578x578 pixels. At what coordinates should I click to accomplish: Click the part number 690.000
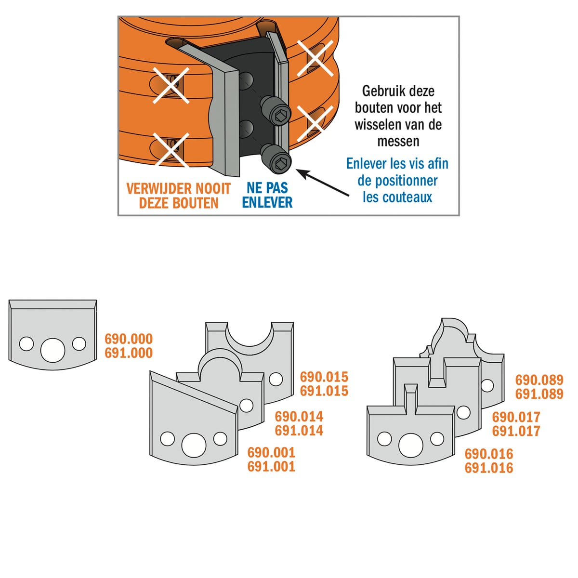click(x=129, y=339)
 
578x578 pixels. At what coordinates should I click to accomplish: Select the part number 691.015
click(x=324, y=391)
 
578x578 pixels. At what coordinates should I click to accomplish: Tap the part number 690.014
click(x=299, y=417)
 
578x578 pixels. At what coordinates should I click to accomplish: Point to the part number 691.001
click(x=272, y=467)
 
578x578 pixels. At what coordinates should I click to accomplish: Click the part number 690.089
click(x=539, y=380)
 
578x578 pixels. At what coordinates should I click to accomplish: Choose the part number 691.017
click(x=516, y=431)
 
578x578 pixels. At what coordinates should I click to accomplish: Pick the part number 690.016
click(x=489, y=454)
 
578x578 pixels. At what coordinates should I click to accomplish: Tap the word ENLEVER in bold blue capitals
click(x=267, y=202)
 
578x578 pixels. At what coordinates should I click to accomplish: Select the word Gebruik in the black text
click(x=380, y=91)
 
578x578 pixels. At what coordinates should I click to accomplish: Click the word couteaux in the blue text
click(x=412, y=197)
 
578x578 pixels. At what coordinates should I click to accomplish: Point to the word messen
click(x=398, y=141)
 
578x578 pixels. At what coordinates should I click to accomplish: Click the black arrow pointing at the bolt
click(x=323, y=183)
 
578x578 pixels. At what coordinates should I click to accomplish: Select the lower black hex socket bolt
click(x=276, y=158)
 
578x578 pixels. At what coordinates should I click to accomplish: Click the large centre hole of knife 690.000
click(x=53, y=350)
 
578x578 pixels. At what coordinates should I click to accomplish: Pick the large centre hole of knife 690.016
click(x=411, y=446)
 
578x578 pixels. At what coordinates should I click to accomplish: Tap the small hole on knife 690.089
click(x=487, y=385)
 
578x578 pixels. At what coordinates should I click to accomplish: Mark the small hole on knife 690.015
click(x=276, y=380)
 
